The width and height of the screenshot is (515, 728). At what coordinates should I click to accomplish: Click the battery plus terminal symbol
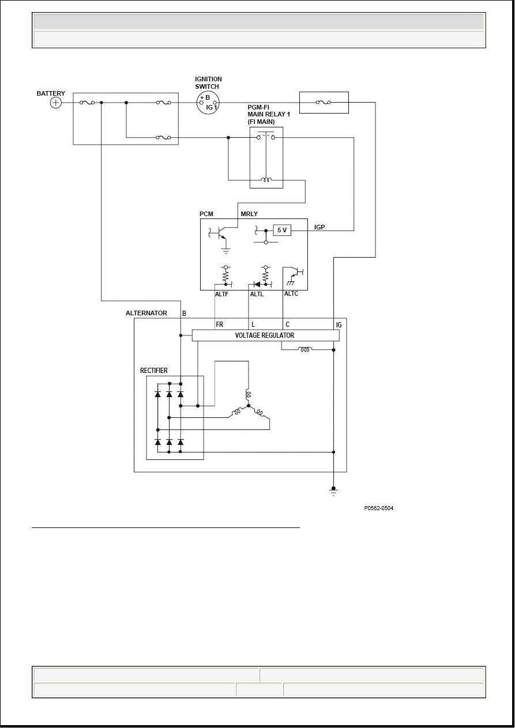click(55, 103)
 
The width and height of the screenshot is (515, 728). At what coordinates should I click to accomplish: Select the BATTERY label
click(51, 93)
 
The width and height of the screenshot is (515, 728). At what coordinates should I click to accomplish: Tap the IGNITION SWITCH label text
click(208, 83)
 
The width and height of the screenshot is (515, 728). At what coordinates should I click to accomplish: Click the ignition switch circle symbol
click(208, 103)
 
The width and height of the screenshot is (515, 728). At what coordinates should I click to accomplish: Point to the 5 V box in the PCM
click(282, 230)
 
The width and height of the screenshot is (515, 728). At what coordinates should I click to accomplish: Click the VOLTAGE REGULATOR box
click(266, 335)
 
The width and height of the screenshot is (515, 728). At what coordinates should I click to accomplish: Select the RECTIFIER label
click(154, 371)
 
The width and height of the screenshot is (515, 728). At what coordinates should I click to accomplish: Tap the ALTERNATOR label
click(146, 313)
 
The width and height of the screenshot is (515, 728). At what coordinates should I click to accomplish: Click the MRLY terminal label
click(249, 214)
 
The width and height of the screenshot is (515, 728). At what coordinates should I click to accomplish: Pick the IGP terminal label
click(319, 227)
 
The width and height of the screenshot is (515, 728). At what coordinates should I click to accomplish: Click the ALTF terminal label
click(221, 294)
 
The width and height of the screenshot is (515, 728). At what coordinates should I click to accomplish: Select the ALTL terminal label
click(257, 294)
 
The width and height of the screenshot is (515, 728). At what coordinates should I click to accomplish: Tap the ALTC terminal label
click(291, 293)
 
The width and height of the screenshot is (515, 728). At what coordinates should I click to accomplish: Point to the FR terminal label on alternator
click(220, 325)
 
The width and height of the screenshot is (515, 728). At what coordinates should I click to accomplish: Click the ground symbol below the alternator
click(333, 491)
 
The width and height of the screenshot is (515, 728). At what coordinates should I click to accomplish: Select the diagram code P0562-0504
click(378, 508)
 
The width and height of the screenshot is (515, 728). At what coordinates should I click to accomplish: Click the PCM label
click(206, 214)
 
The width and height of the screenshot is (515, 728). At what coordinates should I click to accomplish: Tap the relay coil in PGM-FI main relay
click(266, 180)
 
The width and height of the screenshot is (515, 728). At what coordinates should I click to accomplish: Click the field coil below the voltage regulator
click(305, 349)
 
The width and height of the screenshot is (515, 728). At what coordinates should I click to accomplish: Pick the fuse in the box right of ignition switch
click(324, 103)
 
